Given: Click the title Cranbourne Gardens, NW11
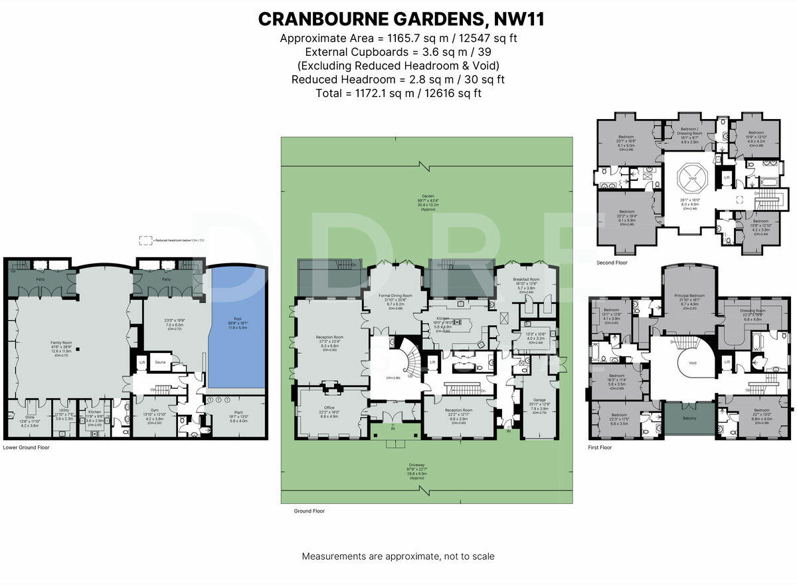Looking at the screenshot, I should click(x=401, y=19).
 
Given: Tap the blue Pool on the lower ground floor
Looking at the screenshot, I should click(x=238, y=326).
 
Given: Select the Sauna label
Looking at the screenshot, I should click(x=160, y=362).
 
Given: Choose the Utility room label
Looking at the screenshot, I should click(x=64, y=411).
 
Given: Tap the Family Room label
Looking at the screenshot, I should click(x=61, y=343).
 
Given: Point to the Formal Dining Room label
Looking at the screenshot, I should click(x=396, y=296).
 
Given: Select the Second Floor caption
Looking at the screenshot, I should click(x=612, y=263).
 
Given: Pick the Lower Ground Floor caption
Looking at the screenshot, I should click(x=27, y=447).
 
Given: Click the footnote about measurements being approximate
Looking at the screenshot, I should click(x=398, y=556).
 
